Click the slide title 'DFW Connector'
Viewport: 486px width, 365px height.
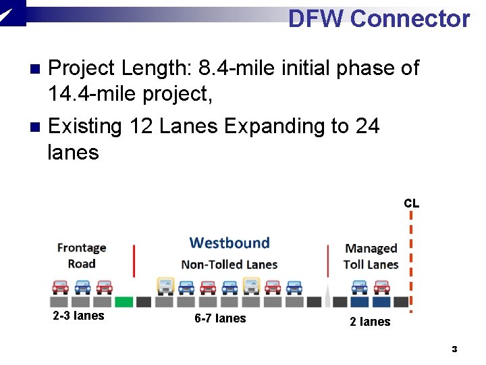pyautogui.click(x=379, y=18)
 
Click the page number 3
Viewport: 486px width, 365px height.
pyautogui.click(x=454, y=349)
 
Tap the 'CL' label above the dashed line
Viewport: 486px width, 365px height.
pyautogui.click(x=411, y=203)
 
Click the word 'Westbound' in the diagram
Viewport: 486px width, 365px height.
pyautogui.click(x=230, y=243)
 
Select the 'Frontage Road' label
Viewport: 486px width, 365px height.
pyautogui.click(x=82, y=256)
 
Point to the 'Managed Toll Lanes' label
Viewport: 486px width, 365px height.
pyautogui.click(x=371, y=257)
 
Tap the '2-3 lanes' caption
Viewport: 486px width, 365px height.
pyautogui.click(x=78, y=316)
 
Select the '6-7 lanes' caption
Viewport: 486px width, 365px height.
pyautogui.click(x=220, y=318)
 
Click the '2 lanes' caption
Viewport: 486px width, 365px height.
pyautogui.click(x=370, y=322)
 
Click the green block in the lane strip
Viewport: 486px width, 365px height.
pyautogui.click(x=124, y=301)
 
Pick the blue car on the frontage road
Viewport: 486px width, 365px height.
pyautogui.click(x=82, y=287)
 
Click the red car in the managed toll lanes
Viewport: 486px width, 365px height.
pyautogui.click(x=381, y=287)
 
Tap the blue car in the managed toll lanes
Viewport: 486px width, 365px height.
pyautogui.click(x=360, y=287)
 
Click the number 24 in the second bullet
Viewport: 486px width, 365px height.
pyautogui.click(x=367, y=126)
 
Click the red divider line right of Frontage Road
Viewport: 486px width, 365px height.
pyautogui.click(x=134, y=261)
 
